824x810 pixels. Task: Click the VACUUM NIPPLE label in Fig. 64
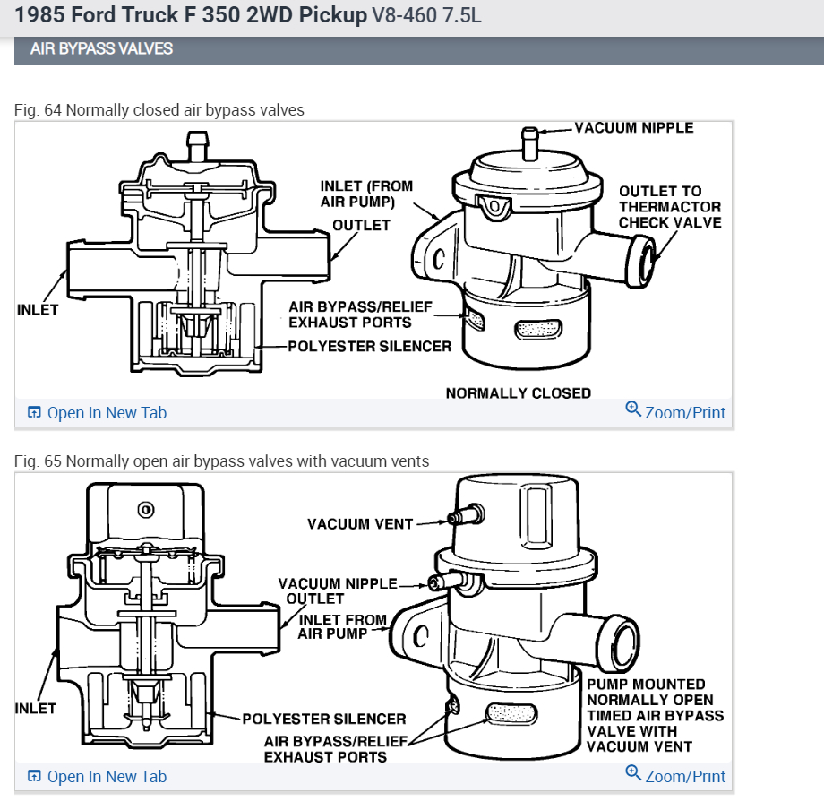tap(633, 128)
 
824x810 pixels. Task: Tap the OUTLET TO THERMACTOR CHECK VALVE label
tap(670, 207)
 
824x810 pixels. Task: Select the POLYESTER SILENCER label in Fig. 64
tap(369, 346)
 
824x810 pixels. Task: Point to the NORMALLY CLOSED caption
tap(518, 392)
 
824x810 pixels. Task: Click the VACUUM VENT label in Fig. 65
tap(359, 523)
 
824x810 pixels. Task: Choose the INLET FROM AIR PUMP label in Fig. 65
tap(342, 626)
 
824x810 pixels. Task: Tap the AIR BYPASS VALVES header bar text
tap(101, 49)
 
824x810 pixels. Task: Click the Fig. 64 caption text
tap(159, 110)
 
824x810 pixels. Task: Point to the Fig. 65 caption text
tap(221, 461)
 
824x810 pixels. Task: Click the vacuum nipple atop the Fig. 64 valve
tap(530, 142)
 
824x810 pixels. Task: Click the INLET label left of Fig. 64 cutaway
tap(38, 310)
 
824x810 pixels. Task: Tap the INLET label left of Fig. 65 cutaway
tap(36, 708)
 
